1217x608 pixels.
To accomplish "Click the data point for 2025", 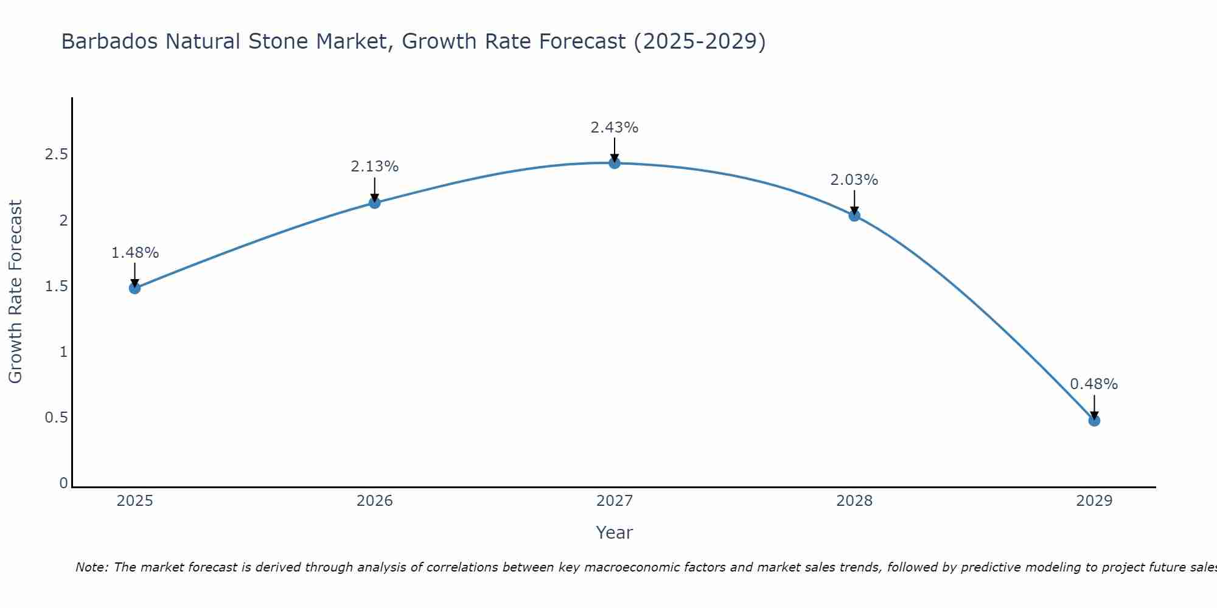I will [135, 288].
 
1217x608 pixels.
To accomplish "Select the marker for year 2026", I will [375, 202].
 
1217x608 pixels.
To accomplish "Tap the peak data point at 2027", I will [615, 163].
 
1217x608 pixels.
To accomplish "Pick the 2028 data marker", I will [854, 215].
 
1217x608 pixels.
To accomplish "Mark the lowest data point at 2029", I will [1094, 420].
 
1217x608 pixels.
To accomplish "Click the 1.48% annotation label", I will [135, 253].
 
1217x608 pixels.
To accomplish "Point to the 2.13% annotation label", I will [375, 167].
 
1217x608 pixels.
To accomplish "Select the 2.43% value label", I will [615, 128].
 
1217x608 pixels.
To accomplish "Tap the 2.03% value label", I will [854, 180].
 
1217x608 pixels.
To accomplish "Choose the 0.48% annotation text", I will [1094, 384].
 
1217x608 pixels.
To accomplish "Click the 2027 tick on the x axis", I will [615, 501].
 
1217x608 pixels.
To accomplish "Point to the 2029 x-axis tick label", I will [1094, 501].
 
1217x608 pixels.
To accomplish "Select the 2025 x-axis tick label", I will [135, 501].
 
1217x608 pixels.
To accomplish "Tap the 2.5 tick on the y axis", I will [56, 154].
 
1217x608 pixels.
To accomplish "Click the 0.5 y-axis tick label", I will [56, 418].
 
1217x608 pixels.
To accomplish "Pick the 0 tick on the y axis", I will [63, 483].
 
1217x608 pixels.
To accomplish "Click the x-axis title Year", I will [615, 533].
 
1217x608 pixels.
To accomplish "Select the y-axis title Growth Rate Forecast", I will [15, 292].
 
